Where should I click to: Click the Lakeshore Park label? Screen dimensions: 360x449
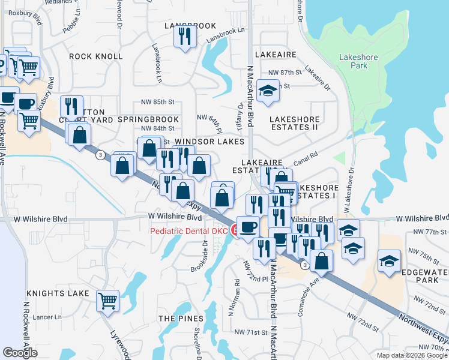(353, 61)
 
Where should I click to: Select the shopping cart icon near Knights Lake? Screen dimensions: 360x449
(108, 301)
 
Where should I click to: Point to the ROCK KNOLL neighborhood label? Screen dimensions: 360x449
(96, 56)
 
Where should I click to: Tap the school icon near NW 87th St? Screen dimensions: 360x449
(268, 91)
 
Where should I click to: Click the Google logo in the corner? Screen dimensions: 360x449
(20, 352)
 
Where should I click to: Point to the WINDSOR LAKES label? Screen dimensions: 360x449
(209, 142)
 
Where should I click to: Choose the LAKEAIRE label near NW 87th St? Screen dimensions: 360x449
(276, 54)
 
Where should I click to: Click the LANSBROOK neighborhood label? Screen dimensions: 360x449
(190, 26)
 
